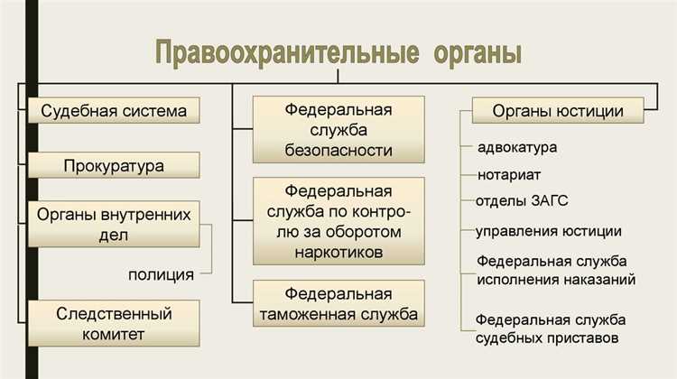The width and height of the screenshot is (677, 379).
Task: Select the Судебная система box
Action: (x=114, y=111)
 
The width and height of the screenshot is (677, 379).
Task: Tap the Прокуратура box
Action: (x=114, y=166)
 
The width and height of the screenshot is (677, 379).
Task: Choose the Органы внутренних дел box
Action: (x=114, y=225)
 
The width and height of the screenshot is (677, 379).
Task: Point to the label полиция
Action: (x=160, y=274)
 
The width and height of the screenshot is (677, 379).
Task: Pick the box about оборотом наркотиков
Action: (x=338, y=222)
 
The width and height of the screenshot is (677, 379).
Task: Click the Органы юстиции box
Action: (x=558, y=111)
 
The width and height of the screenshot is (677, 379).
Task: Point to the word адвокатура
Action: (x=517, y=147)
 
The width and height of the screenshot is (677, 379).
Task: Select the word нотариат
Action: (x=509, y=173)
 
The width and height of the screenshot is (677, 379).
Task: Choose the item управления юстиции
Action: (x=549, y=231)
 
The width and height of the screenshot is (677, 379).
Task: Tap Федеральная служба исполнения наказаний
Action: (x=556, y=270)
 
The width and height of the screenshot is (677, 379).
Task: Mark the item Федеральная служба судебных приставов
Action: (x=551, y=329)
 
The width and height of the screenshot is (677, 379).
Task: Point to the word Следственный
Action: (x=114, y=313)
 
